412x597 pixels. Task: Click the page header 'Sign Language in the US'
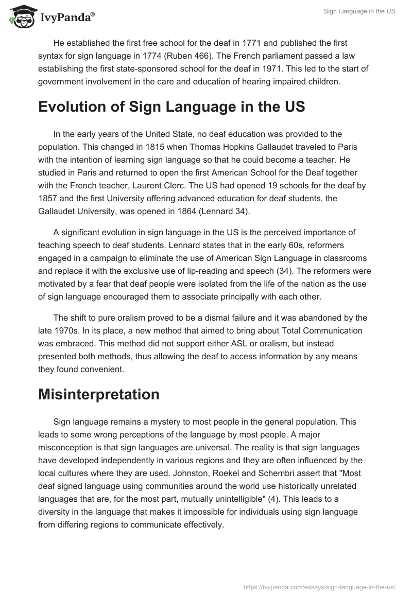point(359,11)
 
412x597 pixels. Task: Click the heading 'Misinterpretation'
point(99,394)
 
